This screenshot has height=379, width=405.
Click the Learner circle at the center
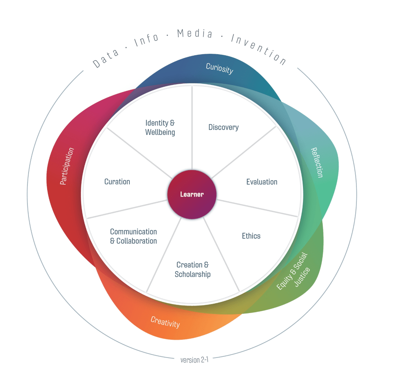click(x=192, y=194)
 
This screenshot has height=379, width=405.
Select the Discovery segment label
click(x=223, y=127)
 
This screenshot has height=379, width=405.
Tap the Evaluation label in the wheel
click(x=262, y=182)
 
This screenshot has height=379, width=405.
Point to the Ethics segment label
click(x=251, y=236)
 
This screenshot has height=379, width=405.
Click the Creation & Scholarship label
click(x=192, y=270)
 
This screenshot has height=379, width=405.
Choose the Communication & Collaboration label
click(x=134, y=236)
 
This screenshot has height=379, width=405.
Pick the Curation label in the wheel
click(x=117, y=182)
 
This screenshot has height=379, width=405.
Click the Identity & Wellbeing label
click(x=160, y=127)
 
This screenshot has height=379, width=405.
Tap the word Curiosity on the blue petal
click(x=220, y=69)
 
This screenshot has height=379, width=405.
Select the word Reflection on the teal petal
click(x=317, y=162)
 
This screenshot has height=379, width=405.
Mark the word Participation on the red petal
click(x=67, y=166)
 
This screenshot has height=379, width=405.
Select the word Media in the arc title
click(x=195, y=34)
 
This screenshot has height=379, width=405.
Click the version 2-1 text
click(x=194, y=360)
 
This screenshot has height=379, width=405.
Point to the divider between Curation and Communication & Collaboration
click(x=126, y=209)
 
